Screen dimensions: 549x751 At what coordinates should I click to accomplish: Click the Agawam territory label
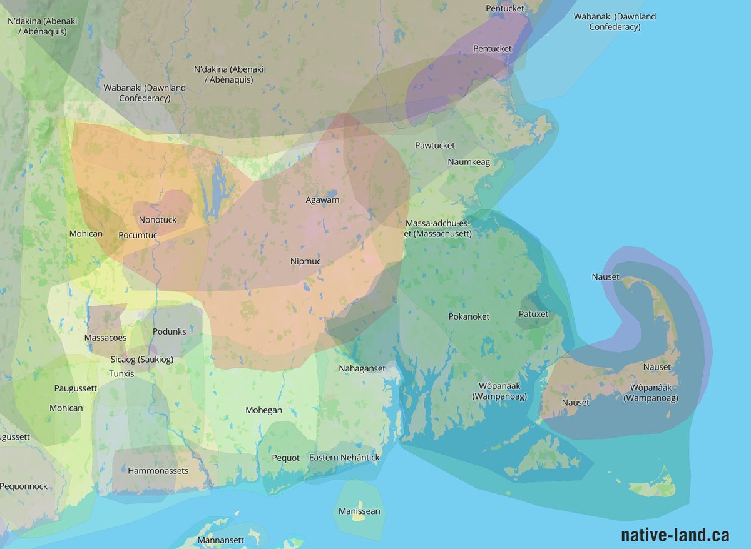coord(322,200)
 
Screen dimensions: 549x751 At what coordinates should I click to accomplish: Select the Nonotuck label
coord(158,220)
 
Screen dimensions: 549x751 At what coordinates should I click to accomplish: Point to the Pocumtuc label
coord(138,235)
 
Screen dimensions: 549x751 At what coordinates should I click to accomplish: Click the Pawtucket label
coord(435,146)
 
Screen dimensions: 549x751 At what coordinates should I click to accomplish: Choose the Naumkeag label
coord(469,162)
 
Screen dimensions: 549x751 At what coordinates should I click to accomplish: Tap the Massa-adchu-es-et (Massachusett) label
coord(438,228)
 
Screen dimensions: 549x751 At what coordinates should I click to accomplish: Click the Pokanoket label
coord(469,316)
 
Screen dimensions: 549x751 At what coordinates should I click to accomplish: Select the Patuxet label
coord(533,314)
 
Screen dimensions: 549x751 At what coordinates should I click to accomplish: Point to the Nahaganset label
coord(362,369)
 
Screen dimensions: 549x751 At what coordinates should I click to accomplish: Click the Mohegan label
coord(263,411)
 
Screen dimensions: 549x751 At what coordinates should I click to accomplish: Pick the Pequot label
coord(285,458)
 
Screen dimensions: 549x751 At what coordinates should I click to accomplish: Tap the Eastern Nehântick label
coord(344,458)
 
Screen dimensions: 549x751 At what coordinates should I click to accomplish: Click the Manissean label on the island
coord(359,511)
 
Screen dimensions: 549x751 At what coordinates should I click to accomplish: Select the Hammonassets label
coord(158,471)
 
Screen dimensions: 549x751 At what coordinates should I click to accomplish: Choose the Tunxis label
coord(121,374)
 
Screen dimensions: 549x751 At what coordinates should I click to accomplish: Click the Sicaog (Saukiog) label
coord(141,360)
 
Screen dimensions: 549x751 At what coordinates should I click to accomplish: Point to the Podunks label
coord(169,331)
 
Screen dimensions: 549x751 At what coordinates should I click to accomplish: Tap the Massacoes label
coord(105,338)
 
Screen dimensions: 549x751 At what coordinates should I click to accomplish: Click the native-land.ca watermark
coord(675,535)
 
